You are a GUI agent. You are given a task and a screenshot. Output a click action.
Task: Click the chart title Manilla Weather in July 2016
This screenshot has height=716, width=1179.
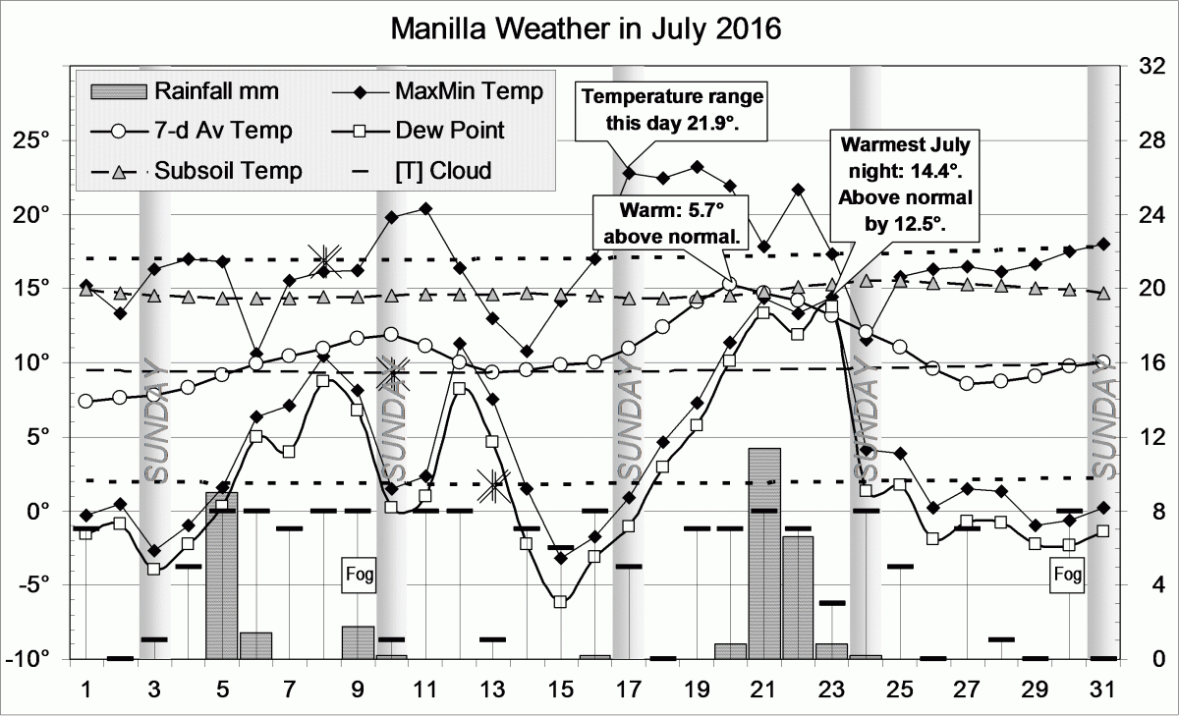pos(586,28)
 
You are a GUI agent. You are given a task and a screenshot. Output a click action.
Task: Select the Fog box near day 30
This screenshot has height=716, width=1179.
pos(1069,572)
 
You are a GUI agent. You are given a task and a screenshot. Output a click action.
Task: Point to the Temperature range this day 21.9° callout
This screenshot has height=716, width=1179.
pos(673,111)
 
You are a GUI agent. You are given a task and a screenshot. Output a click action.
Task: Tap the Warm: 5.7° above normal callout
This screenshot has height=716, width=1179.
pos(671,224)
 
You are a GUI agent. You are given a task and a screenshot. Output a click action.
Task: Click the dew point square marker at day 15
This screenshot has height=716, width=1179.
pos(561,601)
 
